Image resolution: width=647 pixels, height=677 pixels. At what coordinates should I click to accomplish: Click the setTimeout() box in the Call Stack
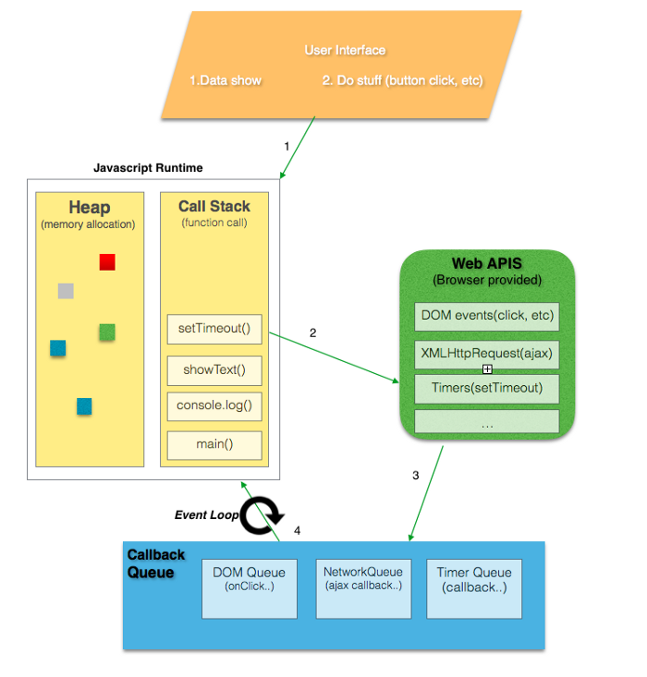(x=214, y=329)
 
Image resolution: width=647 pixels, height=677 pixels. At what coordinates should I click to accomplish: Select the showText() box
(x=214, y=370)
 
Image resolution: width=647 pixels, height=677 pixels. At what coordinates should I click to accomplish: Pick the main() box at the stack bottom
(x=214, y=445)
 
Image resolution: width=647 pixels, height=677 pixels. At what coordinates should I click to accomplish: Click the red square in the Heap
(x=107, y=262)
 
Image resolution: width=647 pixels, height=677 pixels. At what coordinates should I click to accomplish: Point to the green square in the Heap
(x=107, y=332)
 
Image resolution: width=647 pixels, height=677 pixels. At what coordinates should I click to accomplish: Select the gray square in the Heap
(x=66, y=291)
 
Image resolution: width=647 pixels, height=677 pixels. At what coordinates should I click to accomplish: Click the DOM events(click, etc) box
(x=486, y=316)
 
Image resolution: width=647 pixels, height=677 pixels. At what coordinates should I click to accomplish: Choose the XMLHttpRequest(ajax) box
(x=486, y=352)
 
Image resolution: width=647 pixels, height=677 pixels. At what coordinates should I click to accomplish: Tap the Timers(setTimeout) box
(x=486, y=388)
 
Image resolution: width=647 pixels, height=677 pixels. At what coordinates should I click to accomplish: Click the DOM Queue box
(x=250, y=588)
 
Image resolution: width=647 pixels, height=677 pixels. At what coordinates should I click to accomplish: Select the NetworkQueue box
(x=363, y=588)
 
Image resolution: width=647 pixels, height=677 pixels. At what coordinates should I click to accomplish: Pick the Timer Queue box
(x=474, y=588)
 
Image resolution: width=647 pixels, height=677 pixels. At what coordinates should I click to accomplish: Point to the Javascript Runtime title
(x=148, y=168)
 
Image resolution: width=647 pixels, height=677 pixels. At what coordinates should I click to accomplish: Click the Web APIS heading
(x=486, y=264)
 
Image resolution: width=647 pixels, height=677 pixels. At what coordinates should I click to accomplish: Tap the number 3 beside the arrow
(x=415, y=476)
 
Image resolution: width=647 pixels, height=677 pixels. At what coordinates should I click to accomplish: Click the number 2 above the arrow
(x=312, y=332)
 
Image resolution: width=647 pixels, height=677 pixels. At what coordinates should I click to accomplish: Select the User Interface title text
(x=345, y=50)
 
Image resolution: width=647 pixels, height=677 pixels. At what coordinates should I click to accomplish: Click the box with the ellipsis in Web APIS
(x=486, y=423)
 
